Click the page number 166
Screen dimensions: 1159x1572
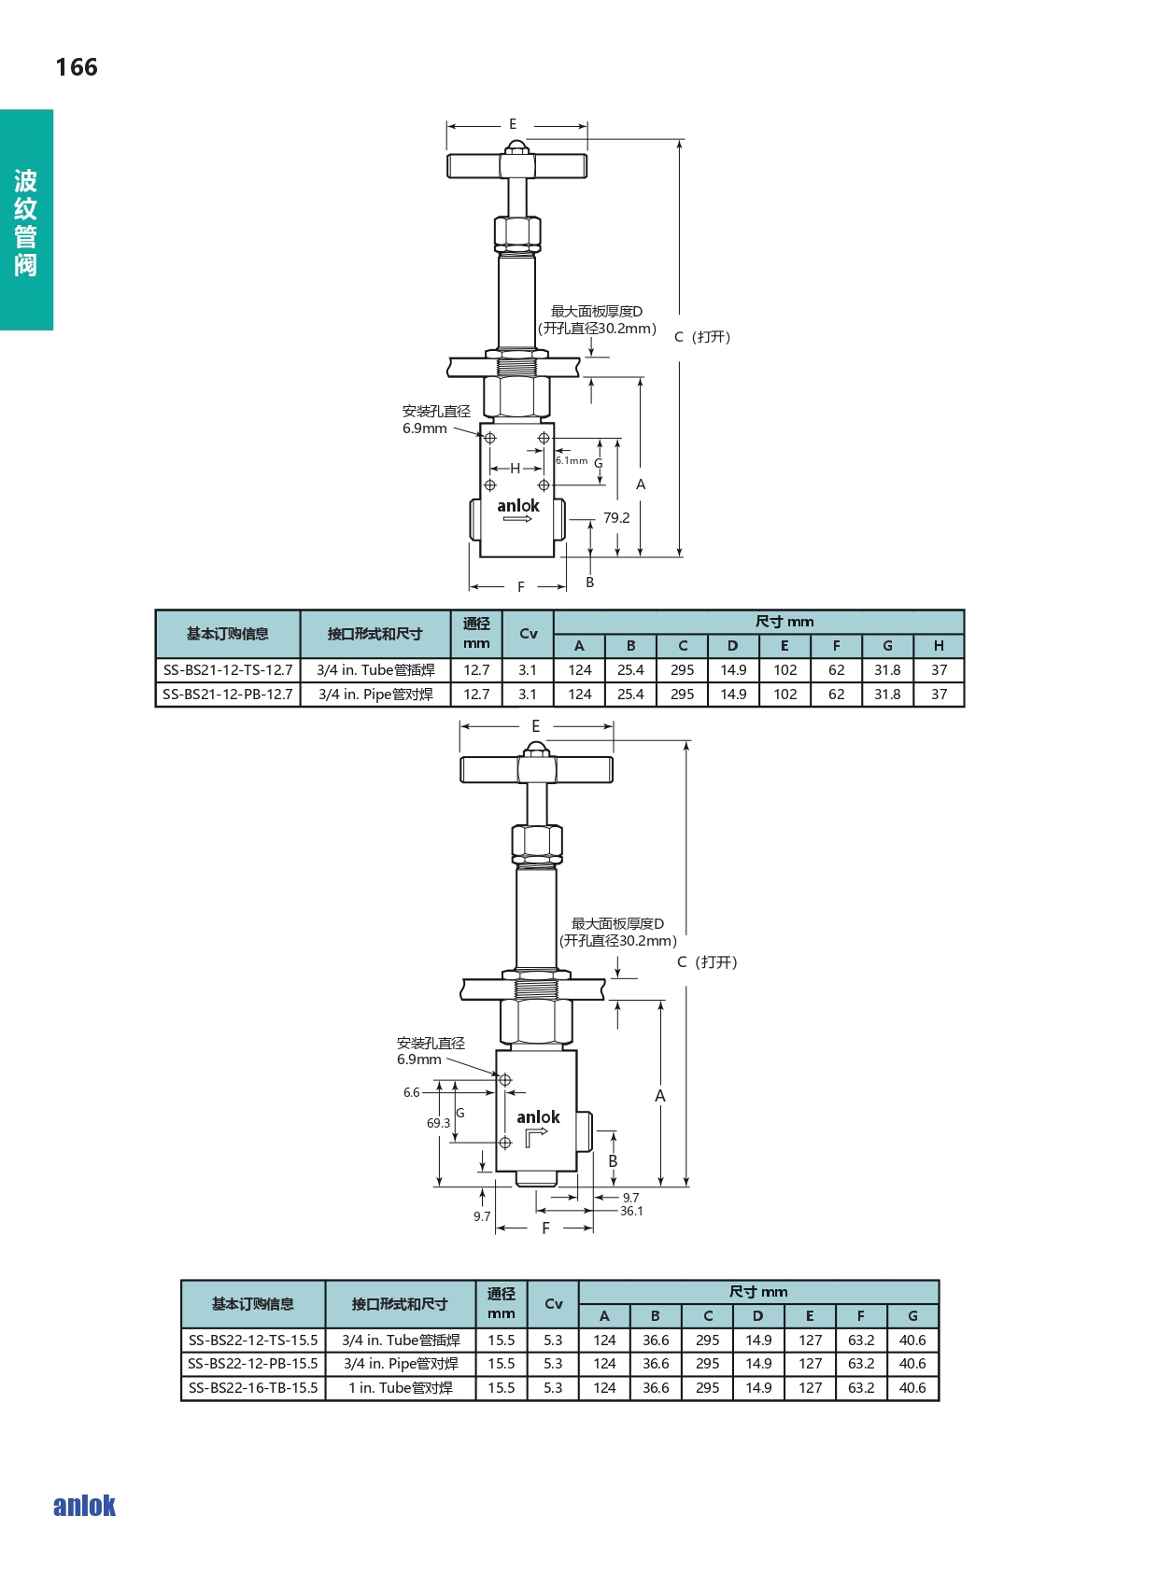point(77,67)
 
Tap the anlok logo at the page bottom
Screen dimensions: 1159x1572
point(84,1506)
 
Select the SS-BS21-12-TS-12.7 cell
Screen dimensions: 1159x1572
point(228,670)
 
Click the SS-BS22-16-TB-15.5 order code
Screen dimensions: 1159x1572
point(253,1387)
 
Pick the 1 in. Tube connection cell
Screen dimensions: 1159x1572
point(401,1387)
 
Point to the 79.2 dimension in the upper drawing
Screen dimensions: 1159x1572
point(616,518)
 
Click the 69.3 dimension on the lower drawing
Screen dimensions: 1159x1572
point(439,1123)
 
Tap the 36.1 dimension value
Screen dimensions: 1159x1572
point(631,1211)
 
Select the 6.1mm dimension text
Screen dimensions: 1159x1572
point(572,460)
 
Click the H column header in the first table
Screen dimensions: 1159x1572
point(939,646)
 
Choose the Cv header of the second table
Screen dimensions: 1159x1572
point(553,1304)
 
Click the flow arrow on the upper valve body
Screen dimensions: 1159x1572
point(518,519)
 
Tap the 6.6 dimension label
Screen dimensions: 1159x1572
point(411,1092)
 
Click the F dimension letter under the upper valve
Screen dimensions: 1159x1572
point(521,586)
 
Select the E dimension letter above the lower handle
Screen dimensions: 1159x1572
point(536,725)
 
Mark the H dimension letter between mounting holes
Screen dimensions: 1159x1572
point(516,468)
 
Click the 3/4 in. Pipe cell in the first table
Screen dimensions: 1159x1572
point(375,695)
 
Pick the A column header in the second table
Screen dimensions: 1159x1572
point(604,1316)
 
